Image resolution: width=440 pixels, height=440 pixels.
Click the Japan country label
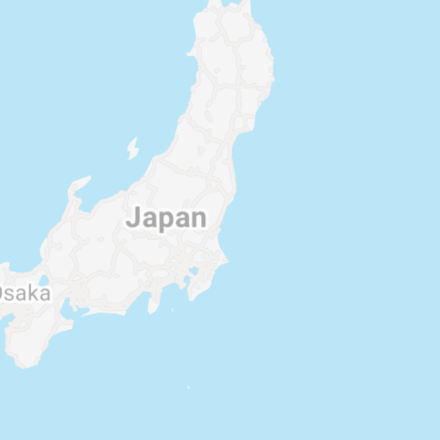point(167,218)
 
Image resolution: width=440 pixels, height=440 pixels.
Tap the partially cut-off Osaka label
point(24,293)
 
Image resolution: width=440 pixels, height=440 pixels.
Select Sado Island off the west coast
point(132,149)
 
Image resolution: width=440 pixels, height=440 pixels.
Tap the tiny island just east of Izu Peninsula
point(173,310)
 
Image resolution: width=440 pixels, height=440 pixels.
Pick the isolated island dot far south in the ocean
point(188,388)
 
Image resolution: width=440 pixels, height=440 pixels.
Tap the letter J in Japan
point(133,218)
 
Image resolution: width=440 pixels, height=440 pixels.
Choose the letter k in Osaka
point(33,293)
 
